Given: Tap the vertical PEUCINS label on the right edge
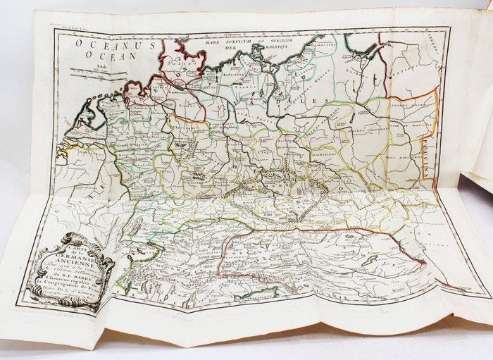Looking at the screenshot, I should pos(427,169).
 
